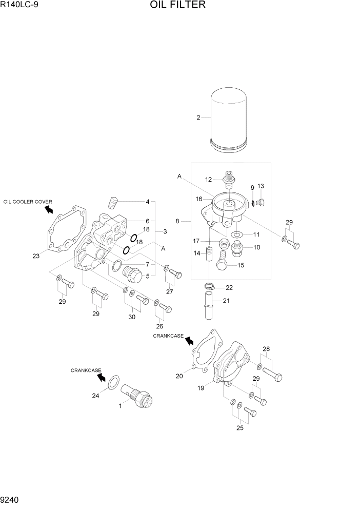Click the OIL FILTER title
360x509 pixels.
pos(178,6)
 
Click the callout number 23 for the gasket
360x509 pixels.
pos(35,256)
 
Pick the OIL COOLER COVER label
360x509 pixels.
pos(28,202)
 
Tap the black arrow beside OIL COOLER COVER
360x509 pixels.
pos(49,209)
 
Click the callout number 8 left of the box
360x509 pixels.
pos(177,222)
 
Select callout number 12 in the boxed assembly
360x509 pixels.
pos(209,180)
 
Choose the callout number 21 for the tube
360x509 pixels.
pos(226,301)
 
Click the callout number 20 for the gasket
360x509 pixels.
pos(179,376)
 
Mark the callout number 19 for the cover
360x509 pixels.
pos(201,388)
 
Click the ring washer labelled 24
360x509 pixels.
pos(116,381)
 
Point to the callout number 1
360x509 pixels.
pos(120,406)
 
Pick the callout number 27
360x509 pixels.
pos(169,291)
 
